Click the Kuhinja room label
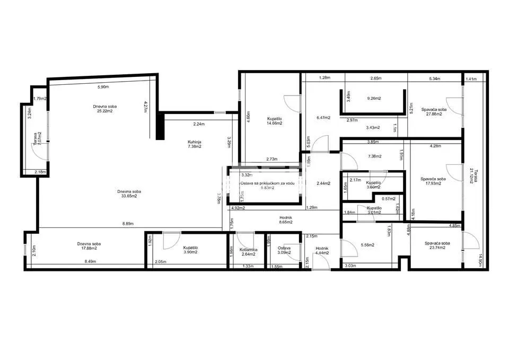point(194,141)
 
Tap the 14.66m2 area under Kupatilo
point(274,123)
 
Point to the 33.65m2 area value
point(129,196)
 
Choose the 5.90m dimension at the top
point(103,87)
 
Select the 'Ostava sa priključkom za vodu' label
point(266,183)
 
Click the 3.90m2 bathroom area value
point(190,252)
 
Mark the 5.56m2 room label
point(367,245)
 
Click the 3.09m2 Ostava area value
point(284,252)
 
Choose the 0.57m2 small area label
point(389,199)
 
